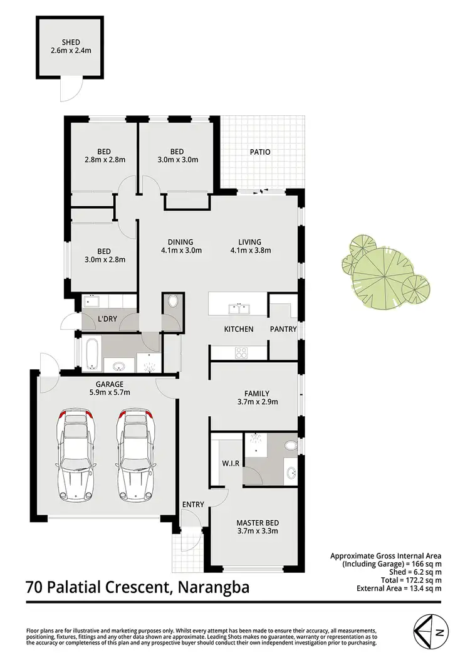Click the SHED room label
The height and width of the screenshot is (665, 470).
pos(70,42)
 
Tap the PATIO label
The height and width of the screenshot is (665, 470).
pos(260,152)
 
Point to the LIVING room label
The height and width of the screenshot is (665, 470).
pos(249,243)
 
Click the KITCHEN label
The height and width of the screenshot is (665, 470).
pos(239,329)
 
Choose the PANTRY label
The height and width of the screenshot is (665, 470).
pos(283,329)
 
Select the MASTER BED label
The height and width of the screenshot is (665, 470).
pos(257,523)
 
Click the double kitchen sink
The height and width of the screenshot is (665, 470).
pos(239,308)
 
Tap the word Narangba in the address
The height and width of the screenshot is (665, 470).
pos(214,588)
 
